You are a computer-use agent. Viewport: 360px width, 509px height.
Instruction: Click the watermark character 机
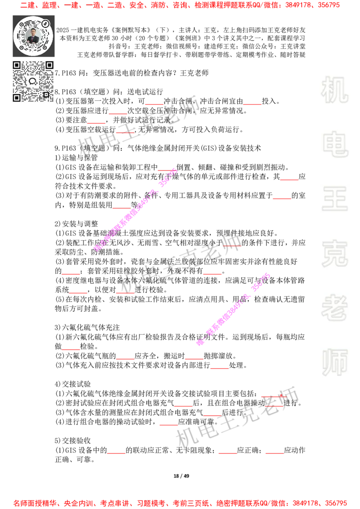click(x=334, y=90)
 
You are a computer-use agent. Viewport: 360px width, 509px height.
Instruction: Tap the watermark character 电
click(x=336, y=144)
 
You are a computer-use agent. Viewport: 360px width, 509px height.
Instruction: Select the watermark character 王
click(x=334, y=199)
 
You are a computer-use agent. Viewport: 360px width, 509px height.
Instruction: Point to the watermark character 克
click(x=334, y=254)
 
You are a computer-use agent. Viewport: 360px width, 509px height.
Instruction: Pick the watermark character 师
click(x=334, y=363)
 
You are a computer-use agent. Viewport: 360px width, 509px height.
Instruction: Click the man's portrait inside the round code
click(x=33, y=36)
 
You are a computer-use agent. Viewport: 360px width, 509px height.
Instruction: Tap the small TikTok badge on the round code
click(x=45, y=23)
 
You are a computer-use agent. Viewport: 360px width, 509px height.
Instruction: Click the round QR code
click(x=33, y=36)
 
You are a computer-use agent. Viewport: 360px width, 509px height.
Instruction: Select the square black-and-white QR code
click(x=33, y=81)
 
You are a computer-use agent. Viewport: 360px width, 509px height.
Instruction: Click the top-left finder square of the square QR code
click(x=17, y=65)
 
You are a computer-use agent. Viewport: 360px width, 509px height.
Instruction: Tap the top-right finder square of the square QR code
click(x=49, y=65)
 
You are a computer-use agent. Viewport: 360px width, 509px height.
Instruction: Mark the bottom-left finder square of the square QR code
click(x=17, y=98)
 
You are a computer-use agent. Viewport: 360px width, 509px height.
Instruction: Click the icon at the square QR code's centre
click(x=33, y=81)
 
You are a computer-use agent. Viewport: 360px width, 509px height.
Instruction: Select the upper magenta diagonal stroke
click(x=135, y=210)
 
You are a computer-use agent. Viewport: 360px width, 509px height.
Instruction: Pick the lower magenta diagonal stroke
click(x=233, y=309)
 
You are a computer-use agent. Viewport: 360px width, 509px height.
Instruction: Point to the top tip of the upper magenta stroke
click(x=175, y=170)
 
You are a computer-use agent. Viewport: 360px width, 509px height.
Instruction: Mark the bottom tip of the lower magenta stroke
click(x=199, y=343)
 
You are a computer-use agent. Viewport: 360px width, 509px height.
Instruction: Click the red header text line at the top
click(x=180, y=6)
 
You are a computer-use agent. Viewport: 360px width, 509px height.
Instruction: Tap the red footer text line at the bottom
click(x=180, y=503)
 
